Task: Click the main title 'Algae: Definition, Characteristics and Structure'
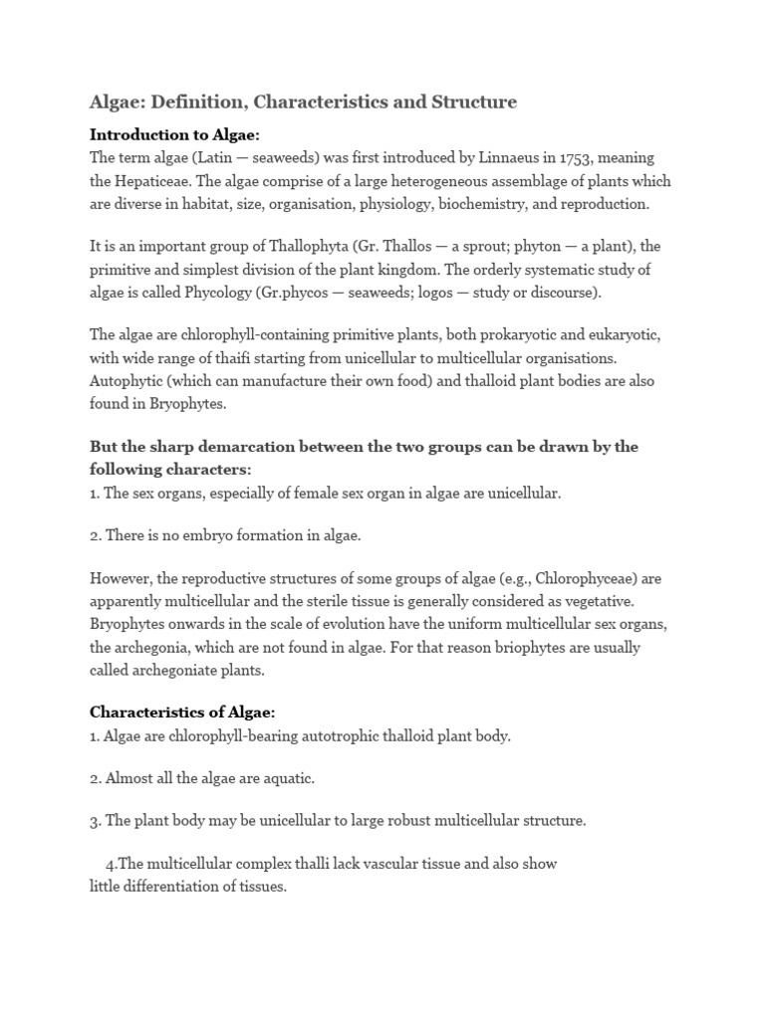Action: (303, 102)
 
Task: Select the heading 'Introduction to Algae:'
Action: (174, 134)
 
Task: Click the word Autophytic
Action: (127, 381)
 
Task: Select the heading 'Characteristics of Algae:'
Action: (182, 713)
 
